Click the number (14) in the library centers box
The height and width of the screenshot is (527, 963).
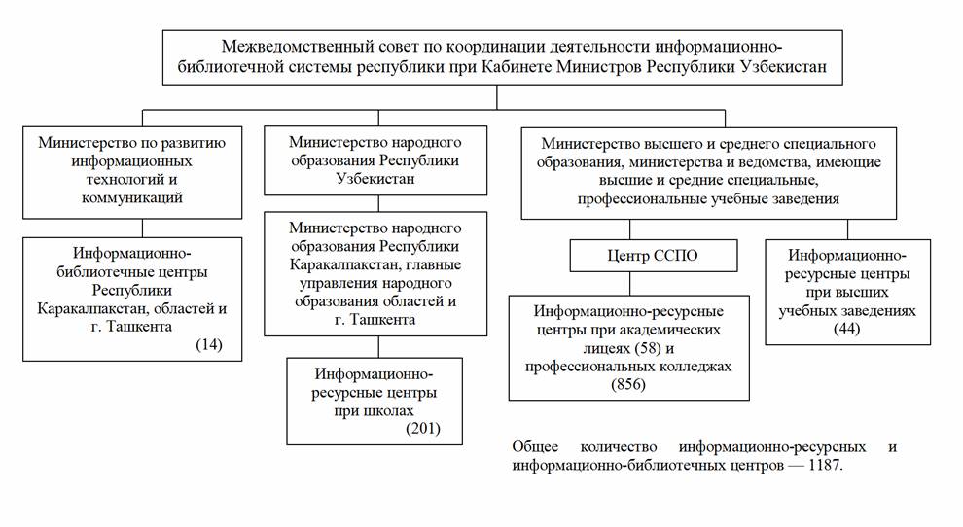click(x=209, y=344)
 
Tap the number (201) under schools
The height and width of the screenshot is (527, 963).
click(x=423, y=428)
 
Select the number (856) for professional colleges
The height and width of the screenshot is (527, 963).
click(x=628, y=384)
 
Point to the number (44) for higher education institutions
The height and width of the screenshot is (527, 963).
click(x=847, y=329)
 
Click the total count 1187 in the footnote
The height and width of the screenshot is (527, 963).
click(x=824, y=465)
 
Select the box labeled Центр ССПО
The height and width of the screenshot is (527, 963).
click(x=654, y=256)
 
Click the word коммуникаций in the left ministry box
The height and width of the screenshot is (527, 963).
click(x=132, y=198)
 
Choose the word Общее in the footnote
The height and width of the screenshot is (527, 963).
click(x=535, y=447)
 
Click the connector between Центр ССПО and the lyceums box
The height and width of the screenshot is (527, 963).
click(x=629, y=284)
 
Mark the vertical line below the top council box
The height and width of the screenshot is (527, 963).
click(x=496, y=97)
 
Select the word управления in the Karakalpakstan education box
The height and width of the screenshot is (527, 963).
click(x=339, y=284)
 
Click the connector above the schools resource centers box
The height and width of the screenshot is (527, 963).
click(x=378, y=347)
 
